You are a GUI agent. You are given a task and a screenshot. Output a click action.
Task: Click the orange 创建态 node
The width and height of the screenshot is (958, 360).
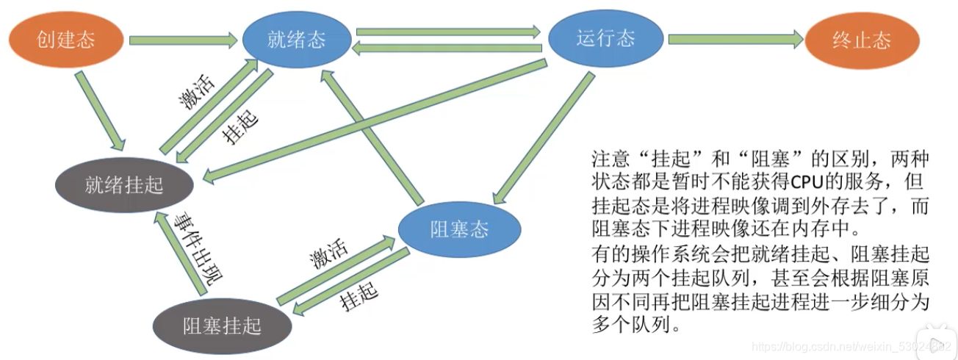point(66,40)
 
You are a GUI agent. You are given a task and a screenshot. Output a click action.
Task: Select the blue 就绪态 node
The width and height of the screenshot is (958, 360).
point(297,40)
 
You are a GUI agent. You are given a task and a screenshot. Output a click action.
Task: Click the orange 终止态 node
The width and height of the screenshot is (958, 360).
point(862,40)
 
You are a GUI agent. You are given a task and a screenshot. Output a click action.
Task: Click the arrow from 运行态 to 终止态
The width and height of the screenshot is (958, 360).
point(735,40)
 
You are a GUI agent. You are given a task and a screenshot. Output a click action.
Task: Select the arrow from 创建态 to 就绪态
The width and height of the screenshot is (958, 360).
point(184,40)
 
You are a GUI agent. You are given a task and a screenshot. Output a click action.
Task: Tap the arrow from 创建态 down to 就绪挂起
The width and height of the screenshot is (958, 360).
point(101,104)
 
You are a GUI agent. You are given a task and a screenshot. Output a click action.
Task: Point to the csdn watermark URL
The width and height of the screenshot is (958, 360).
point(852,345)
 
